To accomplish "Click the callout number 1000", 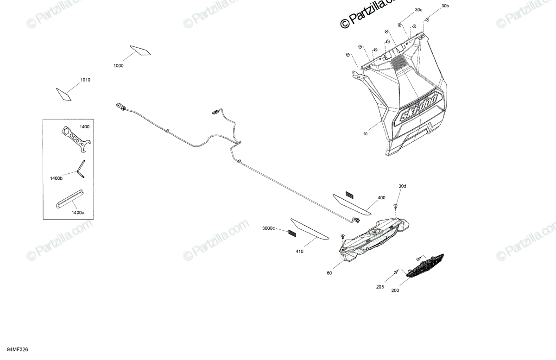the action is (118, 66).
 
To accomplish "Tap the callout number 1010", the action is (85, 80).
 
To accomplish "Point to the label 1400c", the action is (78, 212).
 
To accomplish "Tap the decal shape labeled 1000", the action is (141, 51).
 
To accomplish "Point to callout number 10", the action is (365, 134).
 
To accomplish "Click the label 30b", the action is (445, 6).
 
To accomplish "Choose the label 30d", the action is (402, 186).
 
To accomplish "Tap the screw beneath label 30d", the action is (396, 205).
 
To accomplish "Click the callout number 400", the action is (381, 198).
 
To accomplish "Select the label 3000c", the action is (268, 228).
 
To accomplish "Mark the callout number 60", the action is (329, 273).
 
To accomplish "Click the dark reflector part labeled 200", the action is (425, 265).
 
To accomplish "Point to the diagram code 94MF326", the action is (17, 349).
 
